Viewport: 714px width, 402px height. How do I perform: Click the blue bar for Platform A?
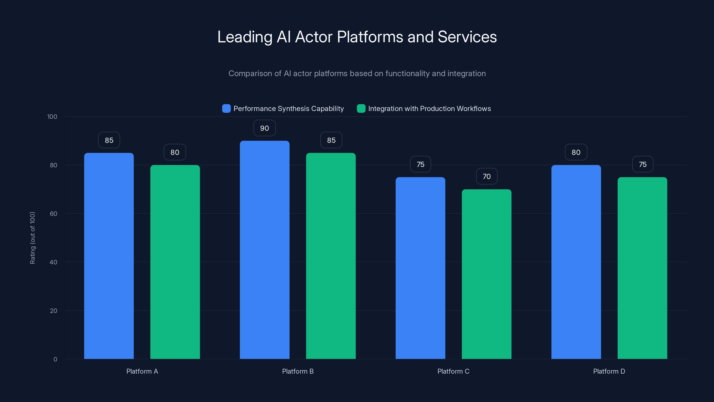pyautogui.click(x=109, y=255)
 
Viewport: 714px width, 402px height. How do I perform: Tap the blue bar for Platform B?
pyautogui.click(x=264, y=250)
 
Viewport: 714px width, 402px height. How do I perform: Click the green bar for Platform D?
pyautogui.click(x=642, y=268)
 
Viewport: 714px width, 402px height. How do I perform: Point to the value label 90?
pyautogui.click(x=264, y=128)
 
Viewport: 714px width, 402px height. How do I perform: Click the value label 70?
pyautogui.click(x=486, y=176)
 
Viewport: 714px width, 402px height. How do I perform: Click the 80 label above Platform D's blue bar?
pyautogui.click(x=576, y=152)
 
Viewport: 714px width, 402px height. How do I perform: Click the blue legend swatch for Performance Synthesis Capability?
pyautogui.click(x=226, y=109)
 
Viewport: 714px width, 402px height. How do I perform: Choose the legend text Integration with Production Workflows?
pyautogui.click(x=429, y=109)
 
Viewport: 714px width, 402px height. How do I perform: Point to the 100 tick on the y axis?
pyautogui.click(x=52, y=117)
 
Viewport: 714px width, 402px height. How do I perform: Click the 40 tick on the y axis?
pyautogui.click(x=53, y=262)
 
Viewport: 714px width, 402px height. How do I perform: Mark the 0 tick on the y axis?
pyautogui.click(x=55, y=359)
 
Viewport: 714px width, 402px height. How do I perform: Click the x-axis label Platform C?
pyautogui.click(x=453, y=371)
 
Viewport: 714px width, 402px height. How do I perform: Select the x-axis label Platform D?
pyautogui.click(x=609, y=371)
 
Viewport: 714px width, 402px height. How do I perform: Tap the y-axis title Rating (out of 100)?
pyautogui.click(x=32, y=238)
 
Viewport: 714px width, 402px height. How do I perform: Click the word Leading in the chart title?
pyautogui.click(x=245, y=37)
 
